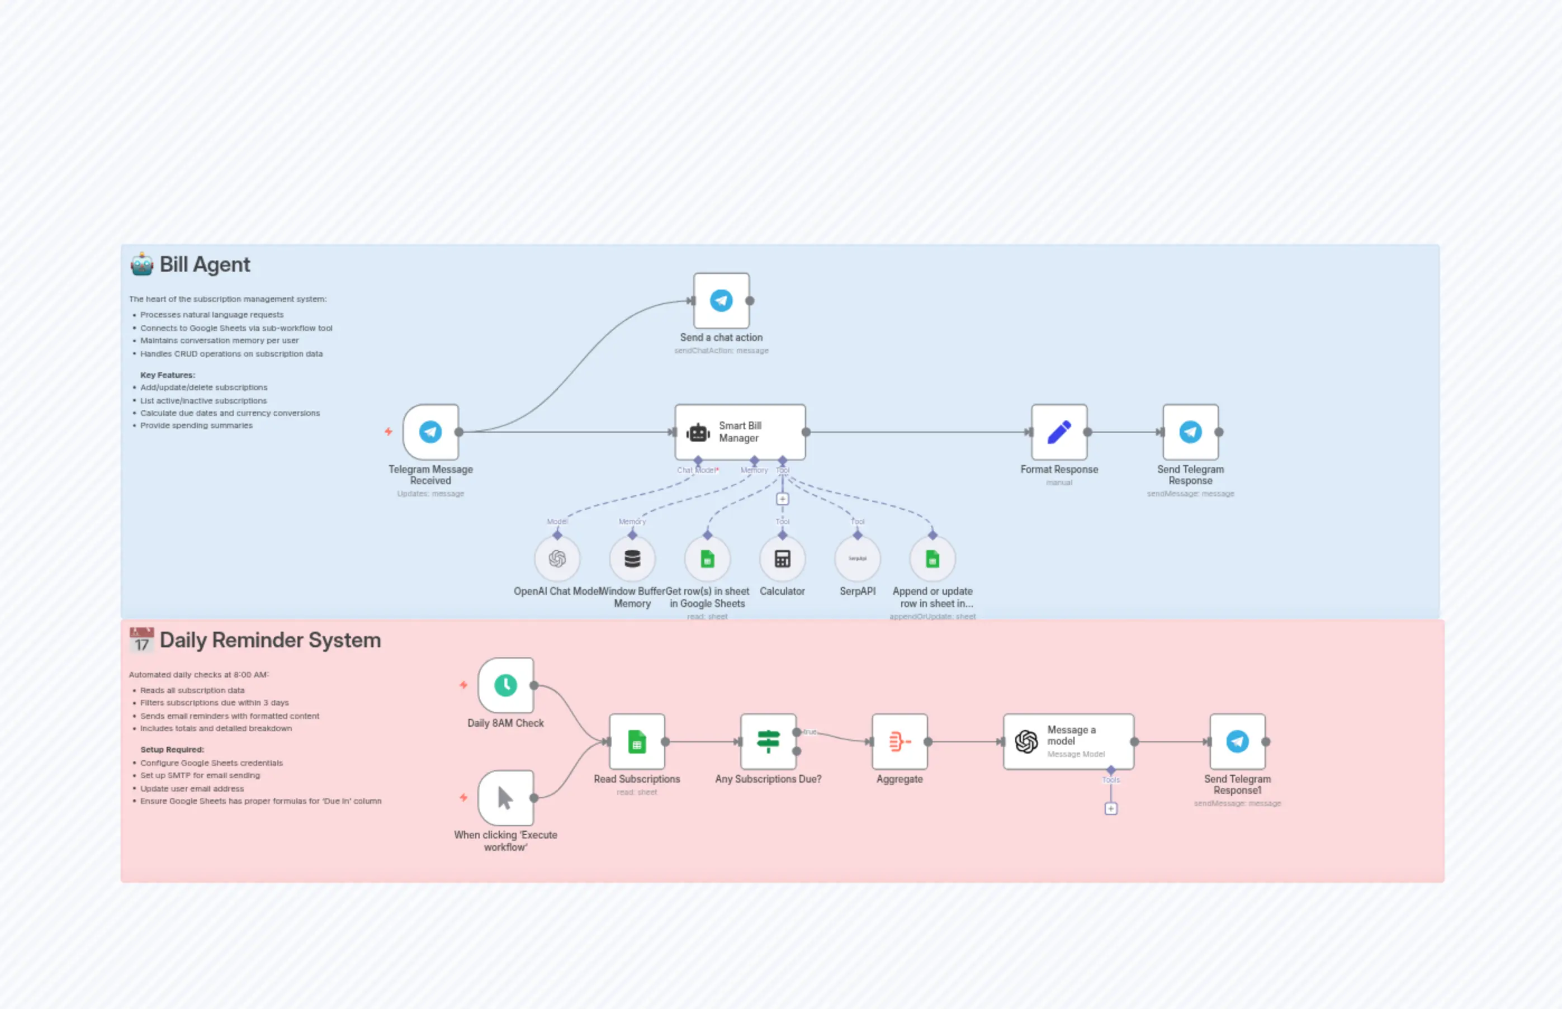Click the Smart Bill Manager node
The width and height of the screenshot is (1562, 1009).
pyautogui.click(x=740, y=432)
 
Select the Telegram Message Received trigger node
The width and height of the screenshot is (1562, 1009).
pyautogui.click(x=430, y=432)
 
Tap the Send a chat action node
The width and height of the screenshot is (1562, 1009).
pyautogui.click(x=721, y=301)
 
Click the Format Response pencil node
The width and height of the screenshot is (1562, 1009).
pyautogui.click(x=1059, y=432)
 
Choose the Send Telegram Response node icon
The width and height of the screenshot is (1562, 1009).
pyautogui.click(x=1190, y=432)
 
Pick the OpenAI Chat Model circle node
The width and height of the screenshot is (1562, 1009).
pyautogui.click(x=557, y=559)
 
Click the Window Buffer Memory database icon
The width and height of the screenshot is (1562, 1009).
pyautogui.click(x=632, y=559)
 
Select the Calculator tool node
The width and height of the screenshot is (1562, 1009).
pyautogui.click(x=782, y=559)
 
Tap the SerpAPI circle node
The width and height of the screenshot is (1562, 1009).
pyautogui.click(x=857, y=559)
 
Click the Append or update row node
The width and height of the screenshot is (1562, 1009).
pyautogui.click(x=933, y=559)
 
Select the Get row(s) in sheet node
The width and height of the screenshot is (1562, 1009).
pyautogui.click(x=707, y=559)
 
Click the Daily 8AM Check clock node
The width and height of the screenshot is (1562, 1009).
pyautogui.click(x=505, y=685)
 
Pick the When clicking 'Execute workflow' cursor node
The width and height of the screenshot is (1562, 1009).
pyautogui.click(x=505, y=798)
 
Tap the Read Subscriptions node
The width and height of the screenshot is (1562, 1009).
pyautogui.click(x=636, y=742)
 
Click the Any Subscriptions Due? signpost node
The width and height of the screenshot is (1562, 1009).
pyautogui.click(x=768, y=742)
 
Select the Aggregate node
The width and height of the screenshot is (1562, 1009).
pyautogui.click(x=899, y=742)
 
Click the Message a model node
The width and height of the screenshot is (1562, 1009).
pyautogui.click(x=1068, y=742)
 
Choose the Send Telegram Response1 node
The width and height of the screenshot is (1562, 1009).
pyautogui.click(x=1237, y=742)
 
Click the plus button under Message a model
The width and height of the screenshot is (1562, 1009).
pyautogui.click(x=1111, y=808)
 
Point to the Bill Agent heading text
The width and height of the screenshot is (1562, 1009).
pyautogui.click(x=205, y=265)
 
